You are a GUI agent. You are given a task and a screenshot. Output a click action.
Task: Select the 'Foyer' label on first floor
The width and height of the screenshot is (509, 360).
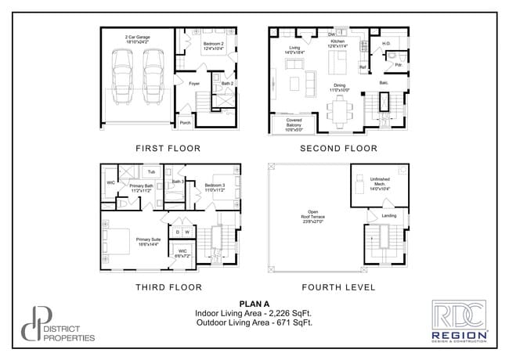[193, 81]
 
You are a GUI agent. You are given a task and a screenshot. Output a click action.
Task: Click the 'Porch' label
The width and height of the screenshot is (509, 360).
[186, 123]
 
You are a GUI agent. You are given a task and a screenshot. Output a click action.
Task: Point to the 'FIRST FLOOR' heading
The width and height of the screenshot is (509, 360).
[168, 148]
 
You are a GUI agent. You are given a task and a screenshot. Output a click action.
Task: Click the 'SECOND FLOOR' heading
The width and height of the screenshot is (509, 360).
[338, 148]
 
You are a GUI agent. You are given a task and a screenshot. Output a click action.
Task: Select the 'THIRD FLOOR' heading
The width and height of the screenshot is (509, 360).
[168, 287]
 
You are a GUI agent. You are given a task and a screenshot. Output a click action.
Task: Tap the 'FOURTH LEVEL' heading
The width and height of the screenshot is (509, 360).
[338, 287]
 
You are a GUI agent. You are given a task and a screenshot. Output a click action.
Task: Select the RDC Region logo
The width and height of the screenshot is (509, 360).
[460, 321]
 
